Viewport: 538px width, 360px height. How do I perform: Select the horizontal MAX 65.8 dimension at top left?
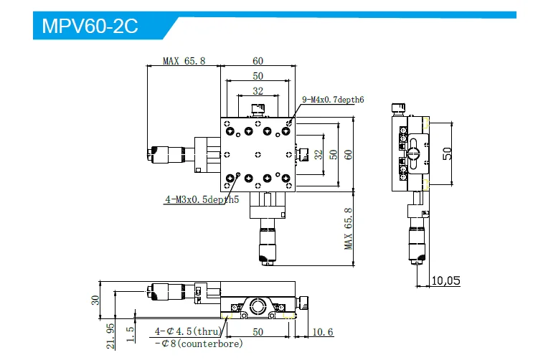[x=184, y=61]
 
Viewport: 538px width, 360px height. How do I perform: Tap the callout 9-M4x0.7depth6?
[x=334, y=100]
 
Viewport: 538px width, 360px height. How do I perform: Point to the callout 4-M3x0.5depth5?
[x=202, y=200]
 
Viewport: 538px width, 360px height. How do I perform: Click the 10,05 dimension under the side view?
[x=445, y=281]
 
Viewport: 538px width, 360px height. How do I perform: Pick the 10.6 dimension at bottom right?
[x=323, y=331]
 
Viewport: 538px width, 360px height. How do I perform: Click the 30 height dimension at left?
[x=94, y=300]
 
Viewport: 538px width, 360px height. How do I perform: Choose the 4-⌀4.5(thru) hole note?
[x=184, y=332]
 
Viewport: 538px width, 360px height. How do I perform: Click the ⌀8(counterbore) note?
[x=199, y=344]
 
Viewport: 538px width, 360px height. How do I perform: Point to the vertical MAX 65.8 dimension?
[x=349, y=229]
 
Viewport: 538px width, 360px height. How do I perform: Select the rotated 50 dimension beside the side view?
[x=448, y=153]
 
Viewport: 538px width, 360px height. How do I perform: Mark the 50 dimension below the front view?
[x=258, y=331]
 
